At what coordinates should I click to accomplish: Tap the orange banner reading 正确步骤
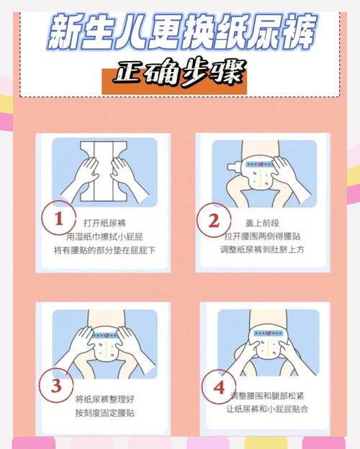tap(180, 76)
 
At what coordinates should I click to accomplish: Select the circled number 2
tap(213, 221)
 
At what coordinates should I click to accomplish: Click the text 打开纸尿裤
tap(109, 222)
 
